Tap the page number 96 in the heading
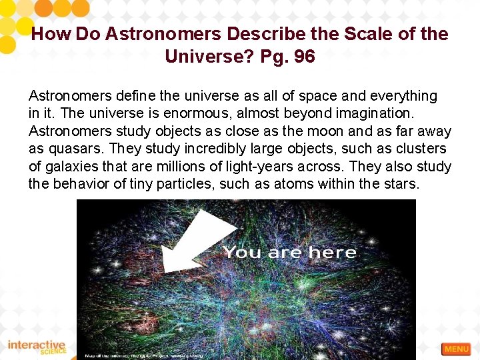pos(303,57)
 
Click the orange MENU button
pos(456,349)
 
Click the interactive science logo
pos(37,347)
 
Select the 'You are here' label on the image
pos(289,252)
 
